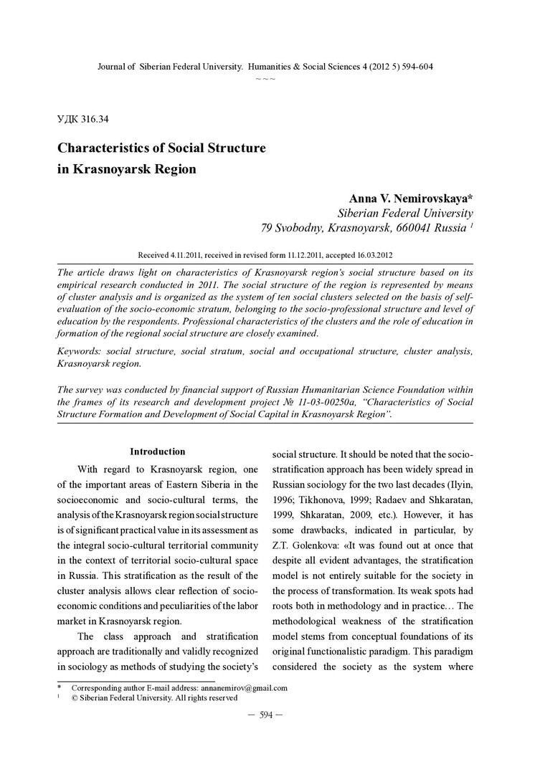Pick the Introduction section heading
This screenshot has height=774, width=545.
(157, 451)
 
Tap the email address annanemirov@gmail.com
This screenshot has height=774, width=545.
(244, 688)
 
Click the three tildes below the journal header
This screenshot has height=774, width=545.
(265, 78)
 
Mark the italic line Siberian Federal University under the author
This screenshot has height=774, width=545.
(404, 214)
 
